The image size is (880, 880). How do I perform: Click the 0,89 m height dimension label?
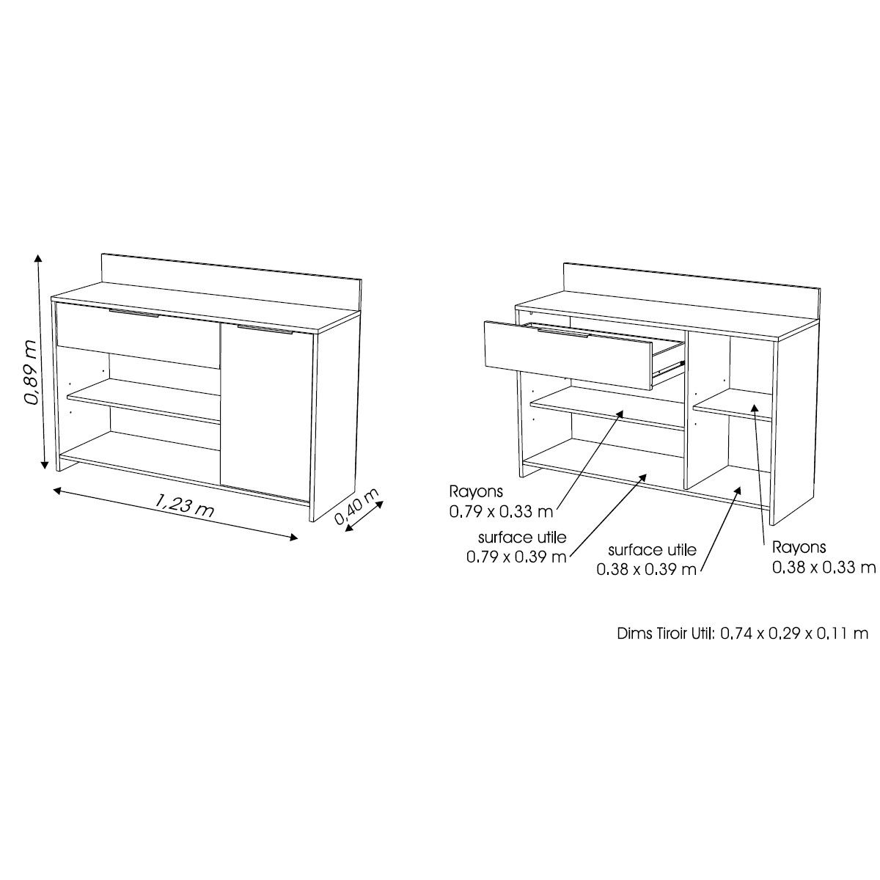30,371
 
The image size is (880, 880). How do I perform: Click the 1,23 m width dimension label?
184,505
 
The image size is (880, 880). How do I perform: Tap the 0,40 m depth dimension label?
357,507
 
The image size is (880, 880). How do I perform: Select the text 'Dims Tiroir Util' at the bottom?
665,633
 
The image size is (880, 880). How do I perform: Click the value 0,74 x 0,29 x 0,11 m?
794,633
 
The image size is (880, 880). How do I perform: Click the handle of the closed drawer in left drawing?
133,315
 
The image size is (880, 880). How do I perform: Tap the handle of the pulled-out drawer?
562,334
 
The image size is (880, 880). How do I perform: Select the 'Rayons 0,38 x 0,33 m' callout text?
823,557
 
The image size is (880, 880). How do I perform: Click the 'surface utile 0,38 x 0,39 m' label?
647,560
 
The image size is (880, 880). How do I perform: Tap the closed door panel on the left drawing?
265,411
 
